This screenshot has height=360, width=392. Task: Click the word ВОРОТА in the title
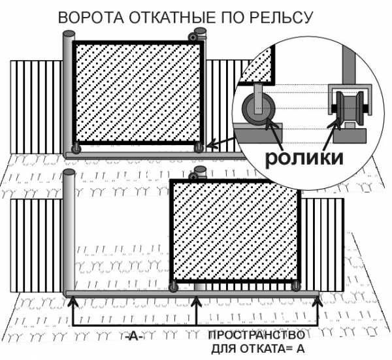91,18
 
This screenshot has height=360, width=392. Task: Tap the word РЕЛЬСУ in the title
282,18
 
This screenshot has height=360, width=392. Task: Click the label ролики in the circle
304,159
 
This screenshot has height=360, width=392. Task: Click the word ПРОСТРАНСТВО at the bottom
257,335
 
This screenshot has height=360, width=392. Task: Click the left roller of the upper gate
76,148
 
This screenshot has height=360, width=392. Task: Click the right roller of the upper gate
199,148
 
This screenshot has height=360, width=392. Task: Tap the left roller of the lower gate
173,287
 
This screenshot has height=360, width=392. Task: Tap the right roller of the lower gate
296,286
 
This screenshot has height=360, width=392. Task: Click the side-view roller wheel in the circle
258,108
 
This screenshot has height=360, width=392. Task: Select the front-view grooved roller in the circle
350,108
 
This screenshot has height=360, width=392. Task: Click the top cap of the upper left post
69,34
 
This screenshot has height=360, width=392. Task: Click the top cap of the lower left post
69,172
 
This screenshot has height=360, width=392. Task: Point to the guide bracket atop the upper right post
194,37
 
